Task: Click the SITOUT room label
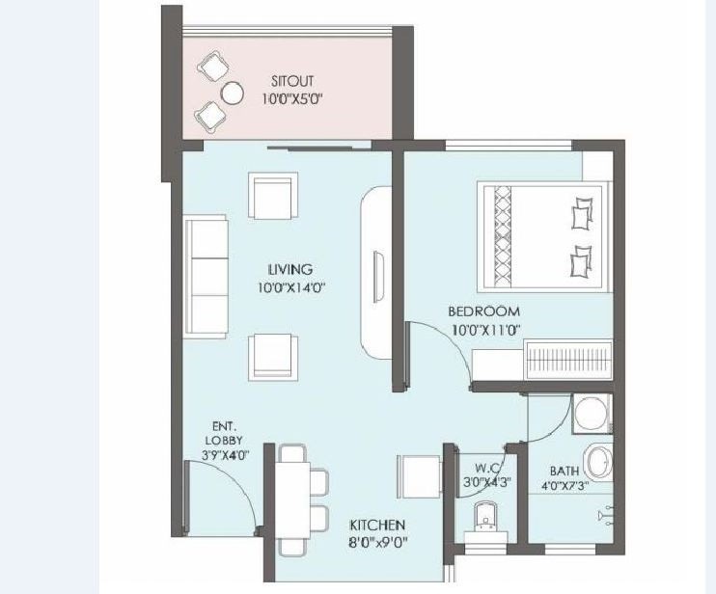(x=292, y=81)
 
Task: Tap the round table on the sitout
(x=232, y=94)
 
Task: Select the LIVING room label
(x=290, y=269)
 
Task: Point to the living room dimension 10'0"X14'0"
(x=290, y=288)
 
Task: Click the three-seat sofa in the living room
(x=206, y=277)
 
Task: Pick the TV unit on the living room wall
(x=375, y=275)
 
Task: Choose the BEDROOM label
(x=484, y=311)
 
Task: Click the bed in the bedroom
(x=544, y=236)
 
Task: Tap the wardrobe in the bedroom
(x=569, y=359)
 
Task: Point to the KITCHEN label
(x=377, y=526)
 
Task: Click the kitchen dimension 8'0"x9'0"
(x=378, y=543)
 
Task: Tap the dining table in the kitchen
(x=292, y=500)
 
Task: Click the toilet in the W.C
(x=485, y=523)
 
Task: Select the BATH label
(x=565, y=471)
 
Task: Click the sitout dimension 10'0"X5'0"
(x=292, y=99)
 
